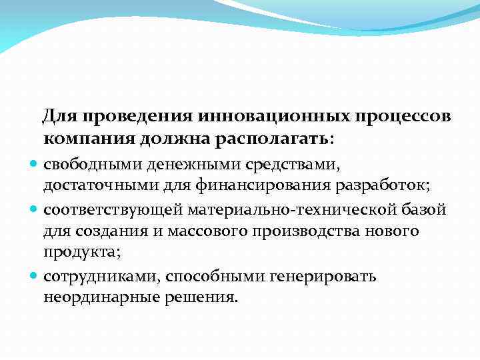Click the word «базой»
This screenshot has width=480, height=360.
[x=424, y=210]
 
